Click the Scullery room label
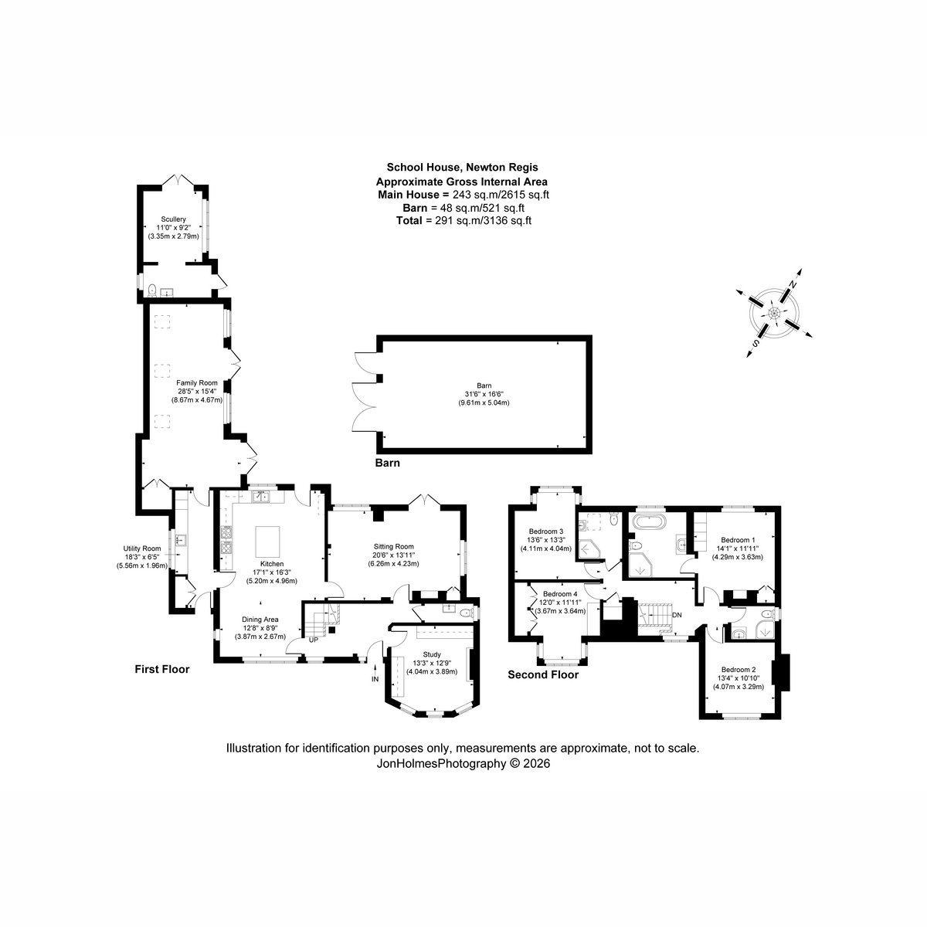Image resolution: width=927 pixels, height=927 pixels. [x=174, y=219]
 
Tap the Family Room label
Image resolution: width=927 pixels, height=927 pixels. [x=196, y=383]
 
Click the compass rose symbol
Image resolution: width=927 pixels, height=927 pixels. [x=773, y=313]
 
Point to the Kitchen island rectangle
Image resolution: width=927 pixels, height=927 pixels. [x=266, y=536]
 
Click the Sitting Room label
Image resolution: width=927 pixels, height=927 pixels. [x=394, y=545]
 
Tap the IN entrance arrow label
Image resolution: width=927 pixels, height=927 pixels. [x=375, y=679]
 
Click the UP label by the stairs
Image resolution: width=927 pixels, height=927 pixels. [x=313, y=640]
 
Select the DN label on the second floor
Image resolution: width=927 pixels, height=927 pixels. [x=677, y=615]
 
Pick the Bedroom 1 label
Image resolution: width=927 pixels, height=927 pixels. [x=738, y=539]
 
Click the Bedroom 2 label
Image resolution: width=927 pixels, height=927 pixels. [x=738, y=669]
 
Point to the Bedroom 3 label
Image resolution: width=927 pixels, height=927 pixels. [x=546, y=531]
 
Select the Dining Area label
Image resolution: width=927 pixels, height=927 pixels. [x=261, y=620]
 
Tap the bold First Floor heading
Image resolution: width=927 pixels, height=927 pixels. [x=161, y=670]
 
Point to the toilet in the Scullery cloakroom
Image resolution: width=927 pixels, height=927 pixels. [x=153, y=290]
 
